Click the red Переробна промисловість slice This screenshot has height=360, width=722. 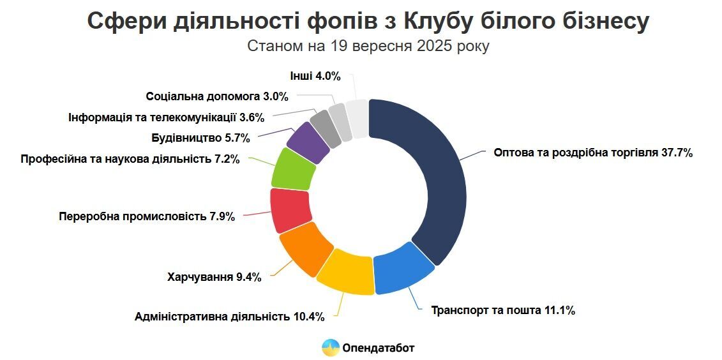click(x=289, y=210)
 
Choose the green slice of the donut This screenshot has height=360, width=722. click(x=294, y=169)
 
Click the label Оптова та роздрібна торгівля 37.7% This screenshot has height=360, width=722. click(x=593, y=153)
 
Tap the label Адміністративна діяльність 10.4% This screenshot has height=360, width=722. click(x=229, y=316)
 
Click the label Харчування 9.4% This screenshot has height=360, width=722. click(x=214, y=277)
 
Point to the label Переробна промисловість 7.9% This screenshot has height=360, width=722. click(x=146, y=216)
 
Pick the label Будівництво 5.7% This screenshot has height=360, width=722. click(x=200, y=137)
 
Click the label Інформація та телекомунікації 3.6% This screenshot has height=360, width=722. click(x=165, y=117)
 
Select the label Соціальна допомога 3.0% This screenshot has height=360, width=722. click(x=217, y=97)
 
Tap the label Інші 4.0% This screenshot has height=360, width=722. click(x=315, y=76)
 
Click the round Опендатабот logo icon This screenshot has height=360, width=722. click(x=330, y=347)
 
